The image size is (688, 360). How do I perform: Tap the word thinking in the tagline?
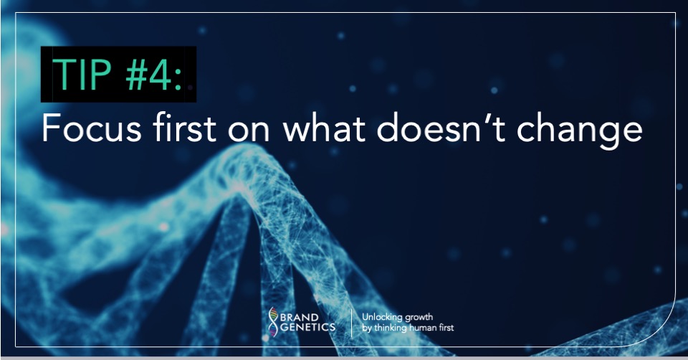tap(387, 328)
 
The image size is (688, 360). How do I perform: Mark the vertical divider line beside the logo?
tap(350, 321)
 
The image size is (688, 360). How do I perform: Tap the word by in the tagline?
tap(366, 328)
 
